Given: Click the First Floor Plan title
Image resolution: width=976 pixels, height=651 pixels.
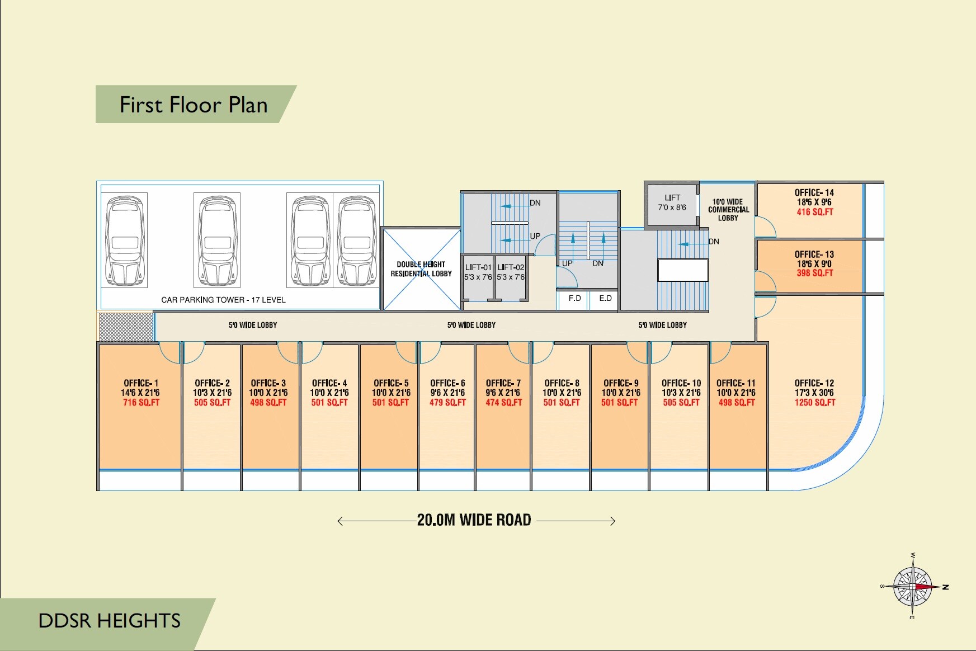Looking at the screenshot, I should [194, 105].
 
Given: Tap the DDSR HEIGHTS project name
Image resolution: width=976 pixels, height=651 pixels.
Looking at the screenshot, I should [109, 621].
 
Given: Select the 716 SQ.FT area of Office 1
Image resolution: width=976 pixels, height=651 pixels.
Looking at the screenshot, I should [141, 403].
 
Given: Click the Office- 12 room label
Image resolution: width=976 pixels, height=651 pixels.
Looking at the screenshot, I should [814, 383].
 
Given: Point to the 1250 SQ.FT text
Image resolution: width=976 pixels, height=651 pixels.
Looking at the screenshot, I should [814, 403].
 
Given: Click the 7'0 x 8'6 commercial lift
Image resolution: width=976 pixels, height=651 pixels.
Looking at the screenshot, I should [672, 203].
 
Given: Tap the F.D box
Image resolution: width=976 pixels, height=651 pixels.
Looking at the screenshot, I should [574, 299].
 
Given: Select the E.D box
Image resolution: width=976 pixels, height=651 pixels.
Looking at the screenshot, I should [605, 299].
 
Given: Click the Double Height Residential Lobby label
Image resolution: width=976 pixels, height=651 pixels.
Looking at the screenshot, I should [421, 269].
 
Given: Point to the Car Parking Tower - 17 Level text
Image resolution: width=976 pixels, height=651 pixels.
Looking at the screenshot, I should [223, 300].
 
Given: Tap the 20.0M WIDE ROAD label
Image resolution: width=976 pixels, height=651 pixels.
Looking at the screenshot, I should [474, 520].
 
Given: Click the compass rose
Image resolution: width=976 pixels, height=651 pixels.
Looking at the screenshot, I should [912, 587].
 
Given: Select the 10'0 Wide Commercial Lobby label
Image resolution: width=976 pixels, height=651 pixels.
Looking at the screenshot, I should [728, 210].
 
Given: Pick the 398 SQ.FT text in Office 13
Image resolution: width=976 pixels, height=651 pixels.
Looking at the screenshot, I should [814, 273].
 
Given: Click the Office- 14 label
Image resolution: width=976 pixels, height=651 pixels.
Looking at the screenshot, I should [814, 192].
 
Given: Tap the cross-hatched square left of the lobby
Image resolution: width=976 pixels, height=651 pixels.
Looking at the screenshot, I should [126, 327].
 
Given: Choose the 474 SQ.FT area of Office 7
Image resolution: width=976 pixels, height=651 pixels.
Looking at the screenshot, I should [503, 403].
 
